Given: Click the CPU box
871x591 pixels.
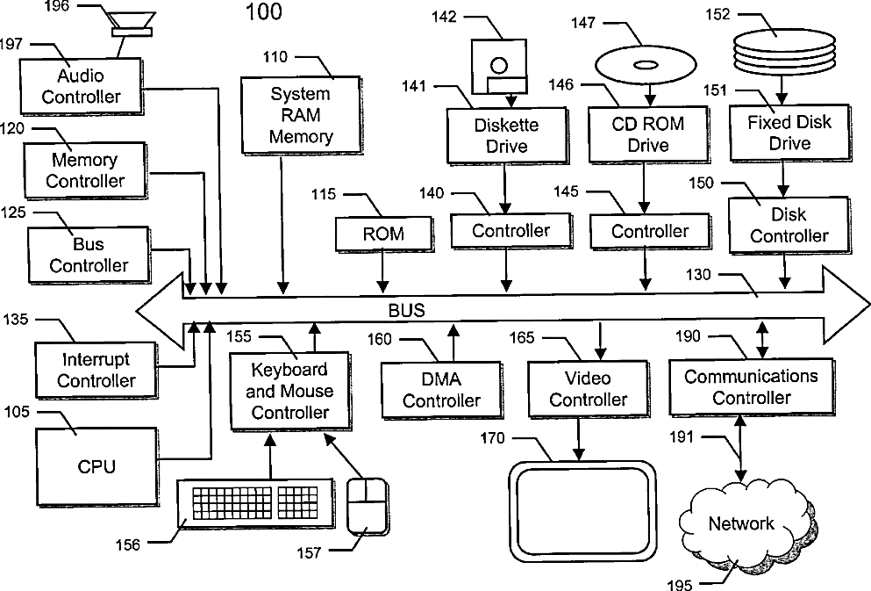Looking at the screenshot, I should point(96,465).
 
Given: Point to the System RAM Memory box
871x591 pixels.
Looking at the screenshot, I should point(300,115).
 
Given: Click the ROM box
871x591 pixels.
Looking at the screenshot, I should point(383,234).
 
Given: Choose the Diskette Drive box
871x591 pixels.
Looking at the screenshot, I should point(506,134).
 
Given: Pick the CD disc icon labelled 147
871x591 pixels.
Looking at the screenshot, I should point(643,64).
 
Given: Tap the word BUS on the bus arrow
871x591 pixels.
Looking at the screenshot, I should point(406,310).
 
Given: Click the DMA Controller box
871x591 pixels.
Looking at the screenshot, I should point(441,390).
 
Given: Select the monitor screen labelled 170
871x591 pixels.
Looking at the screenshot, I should point(582,510).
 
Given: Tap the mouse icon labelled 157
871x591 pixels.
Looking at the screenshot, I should point(368,506).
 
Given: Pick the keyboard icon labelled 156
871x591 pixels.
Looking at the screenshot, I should point(254,504).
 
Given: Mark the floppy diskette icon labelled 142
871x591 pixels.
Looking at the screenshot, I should point(498,66).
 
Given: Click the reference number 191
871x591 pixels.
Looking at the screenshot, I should point(683,436).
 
